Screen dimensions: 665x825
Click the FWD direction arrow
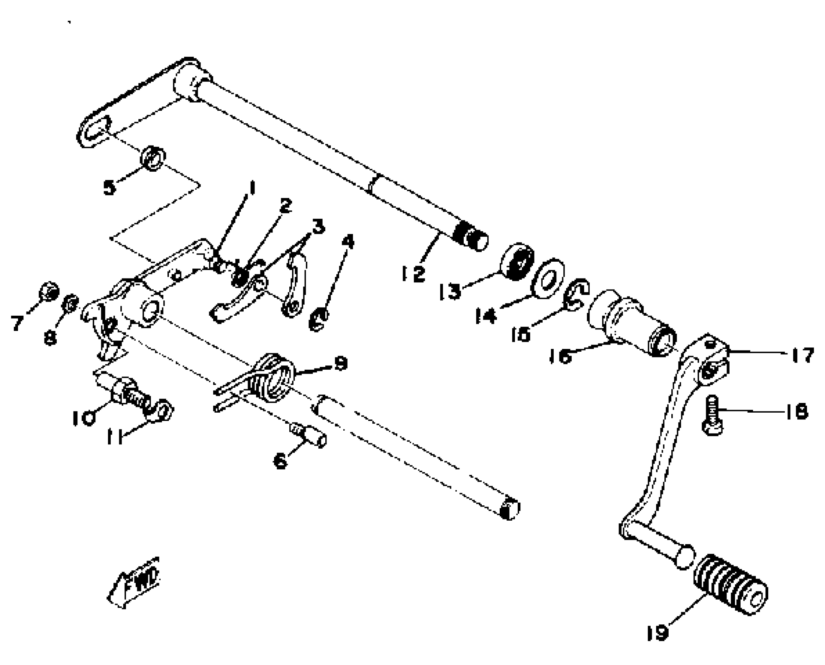(134, 582)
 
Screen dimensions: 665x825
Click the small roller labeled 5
(153, 158)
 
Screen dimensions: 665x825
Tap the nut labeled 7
(49, 291)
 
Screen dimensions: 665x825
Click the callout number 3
(318, 227)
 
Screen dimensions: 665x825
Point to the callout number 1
(252, 188)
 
